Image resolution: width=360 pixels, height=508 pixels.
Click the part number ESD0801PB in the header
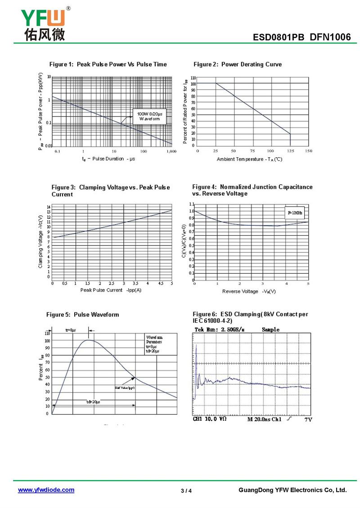click(x=279, y=37)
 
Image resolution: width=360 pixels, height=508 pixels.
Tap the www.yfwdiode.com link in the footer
click(x=46, y=490)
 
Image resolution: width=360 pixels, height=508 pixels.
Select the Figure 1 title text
click(x=108, y=64)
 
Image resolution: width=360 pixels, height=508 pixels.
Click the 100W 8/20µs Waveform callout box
click(x=149, y=116)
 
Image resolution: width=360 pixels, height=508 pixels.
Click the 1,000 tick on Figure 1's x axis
click(x=171, y=152)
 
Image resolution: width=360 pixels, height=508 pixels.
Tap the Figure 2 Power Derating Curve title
click(x=238, y=64)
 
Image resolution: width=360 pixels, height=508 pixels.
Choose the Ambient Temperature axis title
click(x=249, y=159)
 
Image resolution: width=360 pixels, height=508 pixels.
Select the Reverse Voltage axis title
click(x=249, y=291)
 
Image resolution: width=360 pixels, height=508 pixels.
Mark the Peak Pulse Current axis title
click(x=111, y=290)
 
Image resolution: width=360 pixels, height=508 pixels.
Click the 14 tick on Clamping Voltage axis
click(x=49, y=206)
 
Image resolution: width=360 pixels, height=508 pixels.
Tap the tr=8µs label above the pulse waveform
click(x=71, y=330)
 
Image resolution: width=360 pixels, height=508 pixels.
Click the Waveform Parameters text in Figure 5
click(x=154, y=340)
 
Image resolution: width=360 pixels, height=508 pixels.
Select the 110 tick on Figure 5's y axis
click(x=47, y=333)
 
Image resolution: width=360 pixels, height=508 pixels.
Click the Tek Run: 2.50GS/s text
click(x=219, y=330)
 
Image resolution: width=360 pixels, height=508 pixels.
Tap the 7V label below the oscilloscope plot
click(x=308, y=419)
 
